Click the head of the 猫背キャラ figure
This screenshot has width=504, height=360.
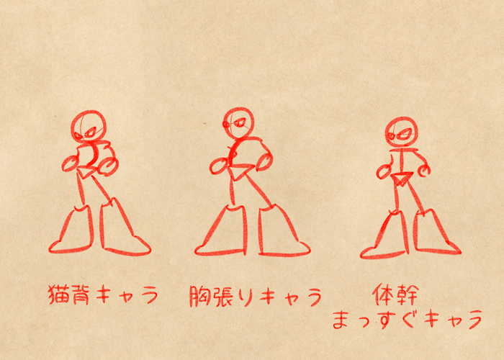tap(89, 126)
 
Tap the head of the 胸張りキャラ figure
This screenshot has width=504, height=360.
tap(238, 124)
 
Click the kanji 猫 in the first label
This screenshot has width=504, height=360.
tap(58, 294)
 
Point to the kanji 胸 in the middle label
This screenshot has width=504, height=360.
tap(199, 295)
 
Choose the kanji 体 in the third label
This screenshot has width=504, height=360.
tap(384, 294)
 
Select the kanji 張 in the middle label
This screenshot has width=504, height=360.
tap(222, 295)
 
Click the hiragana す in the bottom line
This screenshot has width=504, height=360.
tap(385, 319)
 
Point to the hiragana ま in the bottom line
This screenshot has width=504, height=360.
tap(341, 319)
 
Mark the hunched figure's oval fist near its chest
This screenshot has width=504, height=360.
tap(70, 164)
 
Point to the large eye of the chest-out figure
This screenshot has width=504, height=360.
tap(240, 122)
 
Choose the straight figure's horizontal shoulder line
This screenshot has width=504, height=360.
tap(403, 150)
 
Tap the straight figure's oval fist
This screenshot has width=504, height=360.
tap(384, 172)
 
